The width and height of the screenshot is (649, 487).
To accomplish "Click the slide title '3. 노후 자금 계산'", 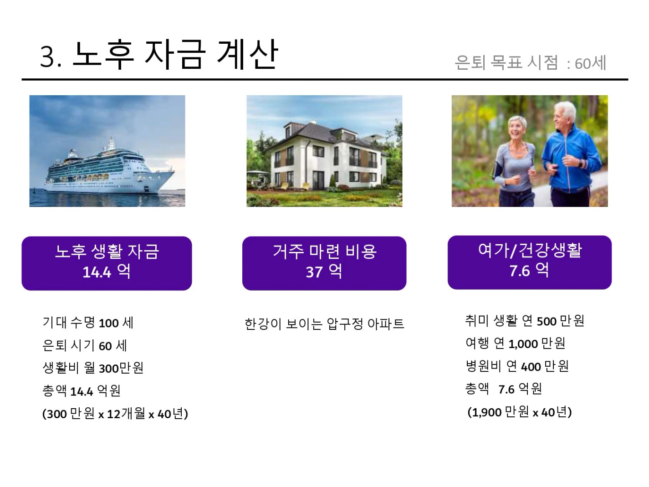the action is pos(159,55).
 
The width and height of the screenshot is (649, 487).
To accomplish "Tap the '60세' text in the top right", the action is pos(590,63).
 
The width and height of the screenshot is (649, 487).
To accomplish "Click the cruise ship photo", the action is pos(107,151).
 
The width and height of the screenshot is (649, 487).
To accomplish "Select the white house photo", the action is pos(324,151).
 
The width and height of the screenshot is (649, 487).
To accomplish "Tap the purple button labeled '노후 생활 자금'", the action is pos(107,263).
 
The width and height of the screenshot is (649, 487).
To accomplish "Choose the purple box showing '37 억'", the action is pos(324,263).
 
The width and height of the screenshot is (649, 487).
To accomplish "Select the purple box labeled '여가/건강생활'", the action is pos(530,262).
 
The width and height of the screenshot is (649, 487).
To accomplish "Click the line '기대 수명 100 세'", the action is pos(88,323).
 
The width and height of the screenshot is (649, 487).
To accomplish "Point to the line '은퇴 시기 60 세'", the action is pos(85,345).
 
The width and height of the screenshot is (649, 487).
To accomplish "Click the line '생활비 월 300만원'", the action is pos(93,368).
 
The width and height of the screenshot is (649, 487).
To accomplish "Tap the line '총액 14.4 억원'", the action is pos(82,391).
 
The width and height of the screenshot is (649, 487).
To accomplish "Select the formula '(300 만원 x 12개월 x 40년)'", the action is pos(115,414).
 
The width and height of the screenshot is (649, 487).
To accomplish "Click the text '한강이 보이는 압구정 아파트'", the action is pos(324,324).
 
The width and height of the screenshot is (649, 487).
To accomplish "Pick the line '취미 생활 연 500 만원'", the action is pos(525,321).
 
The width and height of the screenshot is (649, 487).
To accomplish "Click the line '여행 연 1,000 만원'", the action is pos(516,343).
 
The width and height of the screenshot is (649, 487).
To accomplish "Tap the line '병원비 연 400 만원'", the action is pos(517,366).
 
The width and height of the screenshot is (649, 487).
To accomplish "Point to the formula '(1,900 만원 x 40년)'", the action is pos(520,412).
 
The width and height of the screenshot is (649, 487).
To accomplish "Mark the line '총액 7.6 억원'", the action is pos(504,389).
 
